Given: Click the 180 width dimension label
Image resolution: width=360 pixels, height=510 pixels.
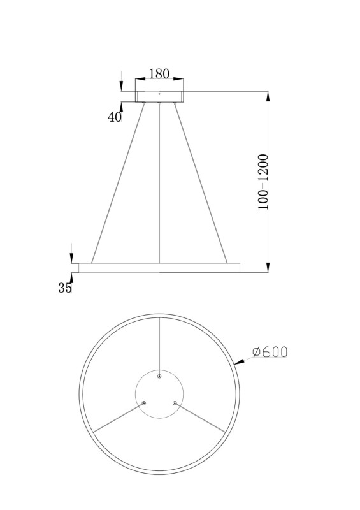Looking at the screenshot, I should [x=159, y=74].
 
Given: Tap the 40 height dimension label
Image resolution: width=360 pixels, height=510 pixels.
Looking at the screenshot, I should [x=115, y=117].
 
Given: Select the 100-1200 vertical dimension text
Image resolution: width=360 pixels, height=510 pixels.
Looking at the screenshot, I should [x=263, y=182].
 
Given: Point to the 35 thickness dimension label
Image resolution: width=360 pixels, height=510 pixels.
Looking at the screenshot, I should [x=65, y=288].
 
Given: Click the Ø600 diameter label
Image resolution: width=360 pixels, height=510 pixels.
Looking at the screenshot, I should [x=270, y=352].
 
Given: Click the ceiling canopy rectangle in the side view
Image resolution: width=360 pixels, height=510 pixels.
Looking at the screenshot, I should [x=159, y=96].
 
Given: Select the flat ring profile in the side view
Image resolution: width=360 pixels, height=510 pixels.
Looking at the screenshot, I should [x=156, y=268].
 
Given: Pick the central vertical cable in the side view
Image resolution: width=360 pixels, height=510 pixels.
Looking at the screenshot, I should [x=159, y=185].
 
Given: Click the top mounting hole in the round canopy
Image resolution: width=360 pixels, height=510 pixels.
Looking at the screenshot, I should [x=159, y=377].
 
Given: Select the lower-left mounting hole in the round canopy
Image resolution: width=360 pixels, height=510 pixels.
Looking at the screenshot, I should [x=144, y=403].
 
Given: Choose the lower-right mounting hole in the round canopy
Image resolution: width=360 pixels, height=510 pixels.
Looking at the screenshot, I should [x=174, y=403].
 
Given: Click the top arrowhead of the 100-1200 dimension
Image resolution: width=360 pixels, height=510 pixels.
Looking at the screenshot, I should [x=268, y=96].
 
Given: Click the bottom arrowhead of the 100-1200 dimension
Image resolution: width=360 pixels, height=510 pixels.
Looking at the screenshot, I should [x=268, y=267].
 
